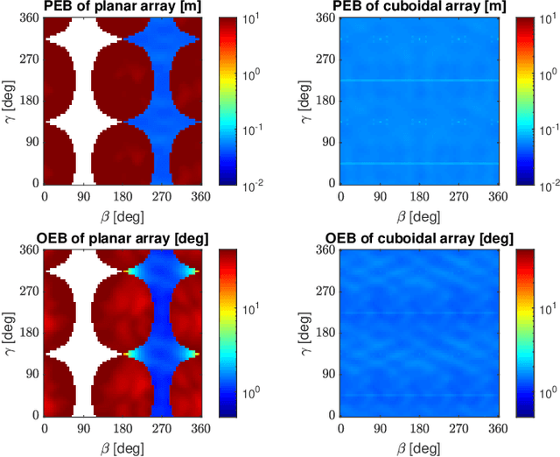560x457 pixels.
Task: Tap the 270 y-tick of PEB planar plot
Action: pyautogui.click(x=31, y=60)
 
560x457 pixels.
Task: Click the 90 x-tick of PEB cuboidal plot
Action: pyautogui.click(x=379, y=197)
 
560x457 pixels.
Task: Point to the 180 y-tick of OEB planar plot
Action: pyautogui.click(x=31, y=332)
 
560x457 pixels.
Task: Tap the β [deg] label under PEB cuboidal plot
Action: pyautogui.click(x=418, y=214)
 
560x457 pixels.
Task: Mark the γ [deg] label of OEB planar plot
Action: pyautogui.click(x=11, y=332)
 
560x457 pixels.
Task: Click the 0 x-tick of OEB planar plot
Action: pyautogui.click(x=45, y=428)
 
